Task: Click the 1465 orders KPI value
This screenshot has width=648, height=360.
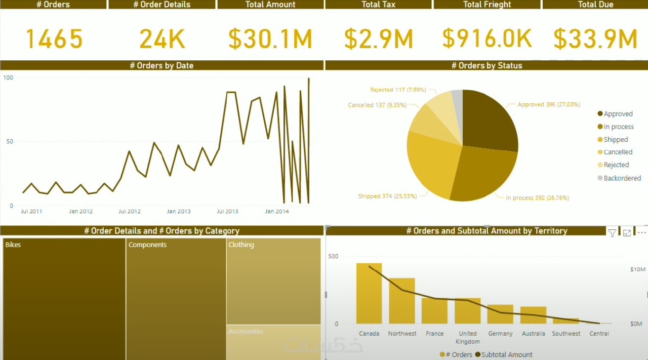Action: pyautogui.click(x=54, y=39)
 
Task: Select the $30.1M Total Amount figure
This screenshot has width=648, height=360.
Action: pyautogui.click(x=270, y=39)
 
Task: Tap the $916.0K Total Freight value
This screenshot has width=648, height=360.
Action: pyautogui.click(x=487, y=39)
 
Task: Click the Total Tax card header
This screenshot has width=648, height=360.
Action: pyautogui.click(x=378, y=5)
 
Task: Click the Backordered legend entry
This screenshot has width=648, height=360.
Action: pyautogui.click(x=622, y=178)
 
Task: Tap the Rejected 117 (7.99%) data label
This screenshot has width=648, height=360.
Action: pyautogui.click(x=398, y=90)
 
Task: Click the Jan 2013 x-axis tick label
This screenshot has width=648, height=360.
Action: pyautogui.click(x=179, y=211)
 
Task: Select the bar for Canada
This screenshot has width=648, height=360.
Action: pyautogui.click(x=369, y=293)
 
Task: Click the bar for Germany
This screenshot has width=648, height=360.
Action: pyautogui.click(x=500, y=314)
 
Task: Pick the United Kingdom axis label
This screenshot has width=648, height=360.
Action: pyautogui.click(x=467, y=337)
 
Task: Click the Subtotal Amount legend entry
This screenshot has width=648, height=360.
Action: pyautogui.click(x=506, y=354)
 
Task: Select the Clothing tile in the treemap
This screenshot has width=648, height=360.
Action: pyautogui.click(x=273, y=281)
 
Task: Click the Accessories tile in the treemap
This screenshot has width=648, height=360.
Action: pyautogui.click(x=273, y=342)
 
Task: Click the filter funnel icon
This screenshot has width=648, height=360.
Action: pyautogui.click(x=612, y=233)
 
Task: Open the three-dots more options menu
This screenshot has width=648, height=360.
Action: pyautogui.click(x=641, y=232)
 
